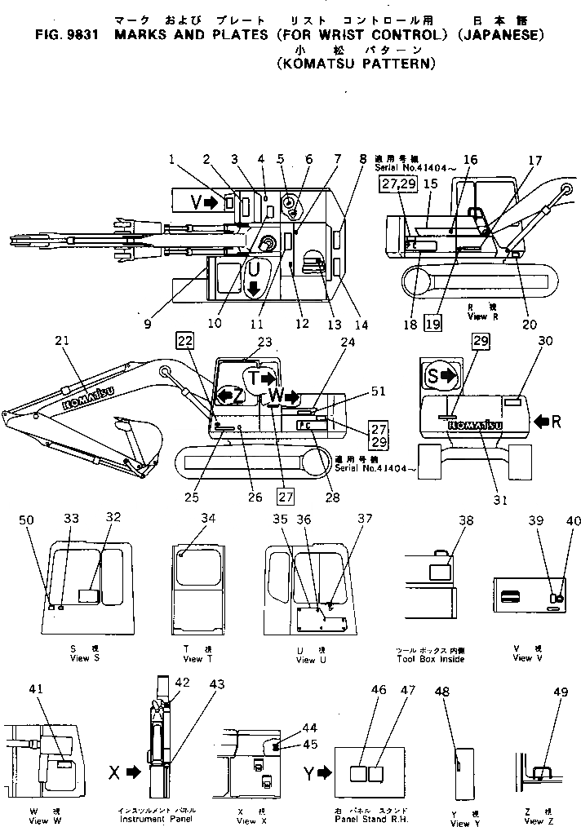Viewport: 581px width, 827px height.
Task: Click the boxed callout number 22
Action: [185, 342]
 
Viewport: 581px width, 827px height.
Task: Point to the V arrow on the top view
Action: [204, 203]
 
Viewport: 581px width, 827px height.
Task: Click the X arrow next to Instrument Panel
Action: [121, 769]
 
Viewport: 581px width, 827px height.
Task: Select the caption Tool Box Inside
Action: [430, 658]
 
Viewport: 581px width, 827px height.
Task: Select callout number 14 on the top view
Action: [360, 324]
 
